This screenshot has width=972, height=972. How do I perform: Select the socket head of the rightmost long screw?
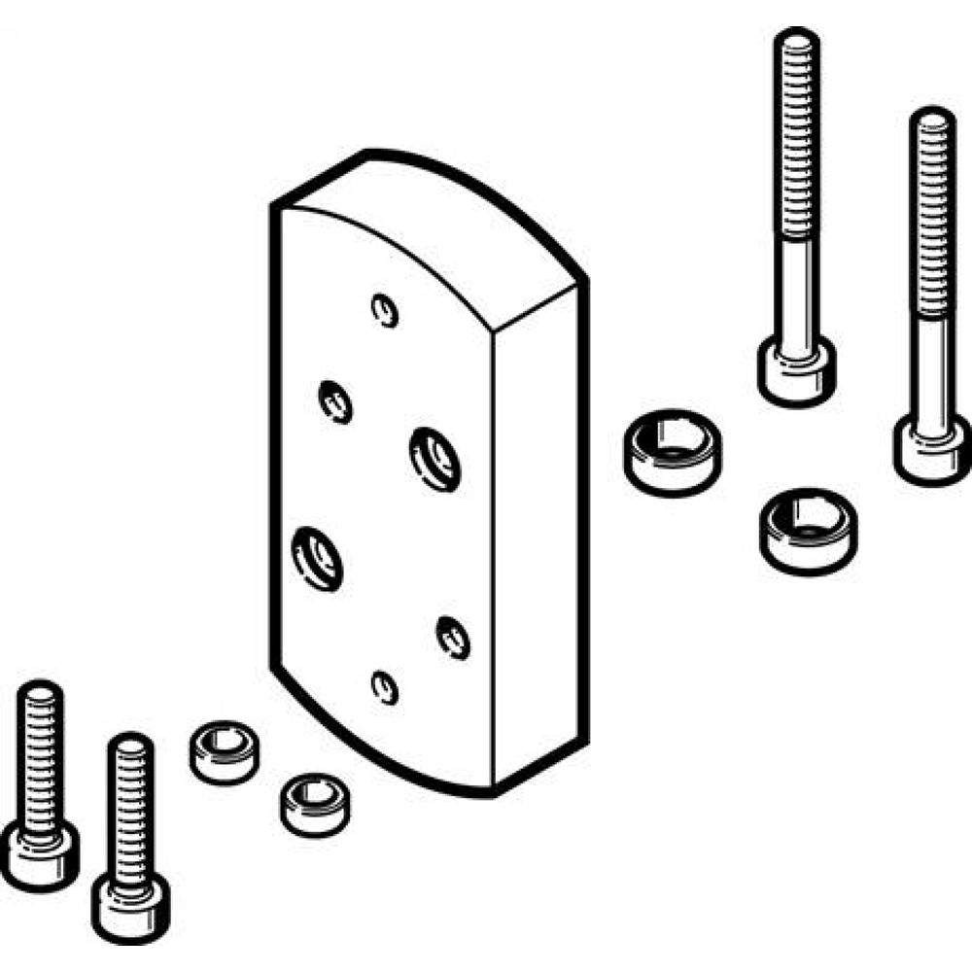(x=930, y=448)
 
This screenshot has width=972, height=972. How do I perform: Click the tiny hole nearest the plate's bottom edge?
(x=386, y=687)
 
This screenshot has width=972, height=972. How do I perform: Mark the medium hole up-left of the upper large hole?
(x=335, y=399)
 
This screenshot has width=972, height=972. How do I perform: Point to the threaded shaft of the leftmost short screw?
(x=40, y=748)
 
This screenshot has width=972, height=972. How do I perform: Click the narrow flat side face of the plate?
(x=539, y=535)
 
